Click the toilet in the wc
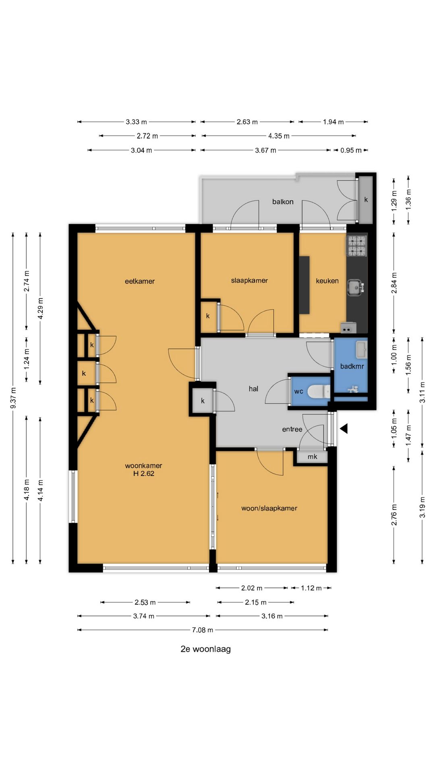coord(319,391)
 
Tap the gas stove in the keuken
coord(357,246)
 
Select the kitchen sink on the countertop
coord(356,287)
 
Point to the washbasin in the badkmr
coord(361,349)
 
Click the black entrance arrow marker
coord(344,429)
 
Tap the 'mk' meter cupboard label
coord(312,457)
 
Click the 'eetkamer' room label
coord(140,281)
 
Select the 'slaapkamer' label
coord(249,281)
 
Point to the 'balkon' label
coord(283,202)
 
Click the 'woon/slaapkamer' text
coord(269,508)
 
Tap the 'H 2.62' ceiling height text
coord(144,473)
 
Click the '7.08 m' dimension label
coord(203,630)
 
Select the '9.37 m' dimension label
coord(13,398)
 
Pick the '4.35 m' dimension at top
coord(279,136)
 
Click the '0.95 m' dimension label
coord(351,150)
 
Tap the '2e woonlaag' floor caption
coord(205,649)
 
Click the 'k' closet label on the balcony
coord(366,199)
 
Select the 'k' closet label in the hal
coord(203,401)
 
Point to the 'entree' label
coord(292,429)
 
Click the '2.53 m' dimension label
coord(145,602)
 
